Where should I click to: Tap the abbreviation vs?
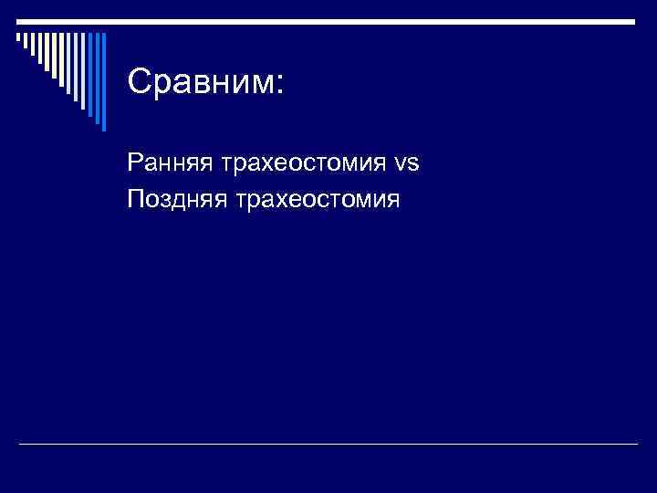point(407,164)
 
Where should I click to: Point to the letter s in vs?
point(413,165)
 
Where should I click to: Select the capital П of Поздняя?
point(137,195)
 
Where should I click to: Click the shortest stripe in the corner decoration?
point(17,37)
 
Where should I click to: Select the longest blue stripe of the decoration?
point(103,82)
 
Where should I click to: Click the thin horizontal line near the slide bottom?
point(328,444)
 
